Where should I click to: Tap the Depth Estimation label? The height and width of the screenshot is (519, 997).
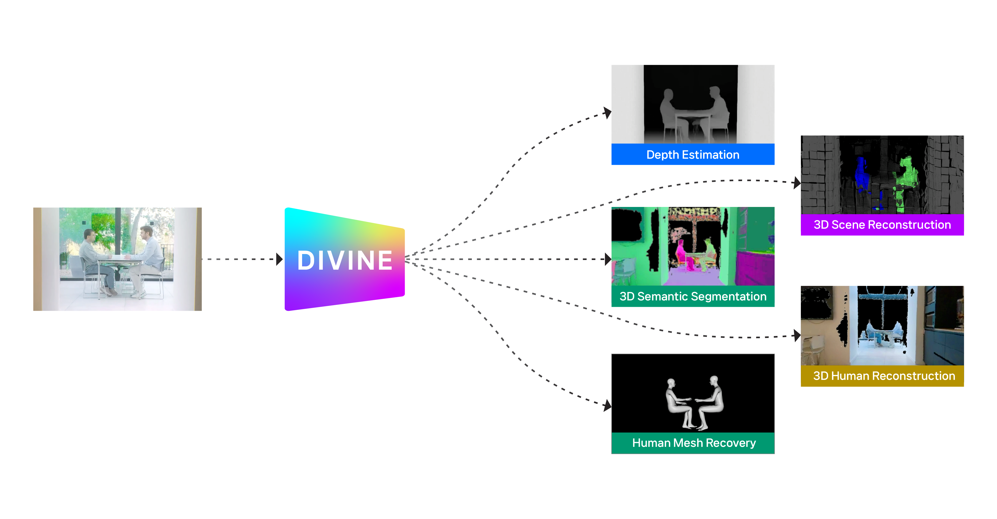pos(693,155)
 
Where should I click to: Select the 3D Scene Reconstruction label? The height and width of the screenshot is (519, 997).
pos(882,225)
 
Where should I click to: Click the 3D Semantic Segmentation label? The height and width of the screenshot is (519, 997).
pos(693,296)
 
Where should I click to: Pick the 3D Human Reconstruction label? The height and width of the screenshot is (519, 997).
pos(884,376)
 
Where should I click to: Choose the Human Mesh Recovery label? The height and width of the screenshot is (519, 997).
pos(694,443)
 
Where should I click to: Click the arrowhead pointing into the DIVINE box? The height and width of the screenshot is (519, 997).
pos(279,259)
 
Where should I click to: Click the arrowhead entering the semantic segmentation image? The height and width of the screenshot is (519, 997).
pos(608,259)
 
